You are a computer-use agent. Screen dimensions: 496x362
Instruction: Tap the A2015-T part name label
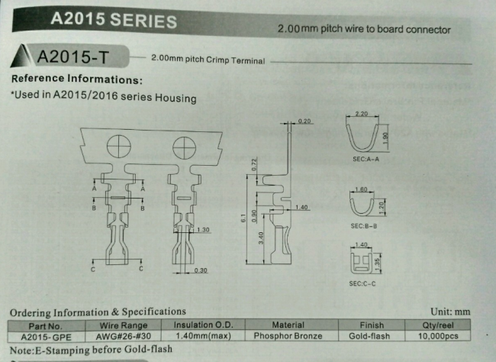(x=72, y=57)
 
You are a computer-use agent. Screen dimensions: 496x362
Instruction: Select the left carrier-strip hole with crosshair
(x=119, y=146)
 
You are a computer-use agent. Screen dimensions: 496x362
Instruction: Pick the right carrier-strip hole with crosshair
(x=185, y=148)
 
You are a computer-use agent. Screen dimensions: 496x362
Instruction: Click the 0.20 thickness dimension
(x=304, y=121)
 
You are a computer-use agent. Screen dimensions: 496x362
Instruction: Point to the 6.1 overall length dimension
(x=243, y=218)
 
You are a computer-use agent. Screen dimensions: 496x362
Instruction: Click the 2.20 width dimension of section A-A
(x=361, y=114)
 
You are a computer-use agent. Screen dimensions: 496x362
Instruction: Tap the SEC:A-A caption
(x=366, y=159)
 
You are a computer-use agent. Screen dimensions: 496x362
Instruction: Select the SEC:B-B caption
(x=364, y=226)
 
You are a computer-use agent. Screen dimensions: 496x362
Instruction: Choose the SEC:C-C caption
(x=362, y=283)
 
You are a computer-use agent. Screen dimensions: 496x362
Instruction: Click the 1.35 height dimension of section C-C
(x=377, y=264)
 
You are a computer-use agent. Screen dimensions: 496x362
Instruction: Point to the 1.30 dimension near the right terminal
(x=203, y=230)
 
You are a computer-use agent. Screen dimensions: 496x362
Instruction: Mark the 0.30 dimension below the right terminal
(x=201, y=270)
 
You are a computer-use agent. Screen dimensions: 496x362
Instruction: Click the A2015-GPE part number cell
(x=47, y=337)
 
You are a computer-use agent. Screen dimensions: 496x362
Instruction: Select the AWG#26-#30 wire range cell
(x=124, y=336)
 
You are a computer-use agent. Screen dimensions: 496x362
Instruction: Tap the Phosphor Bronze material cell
(x=288, y=336)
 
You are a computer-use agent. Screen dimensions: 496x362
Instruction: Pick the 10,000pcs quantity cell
(x=438, y=336)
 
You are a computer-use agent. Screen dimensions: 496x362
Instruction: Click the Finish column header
(x=372, y=325)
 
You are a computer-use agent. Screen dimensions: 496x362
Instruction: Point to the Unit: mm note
(x=450, y=312)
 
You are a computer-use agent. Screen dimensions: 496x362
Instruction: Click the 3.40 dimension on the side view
(x=261, y=238)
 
